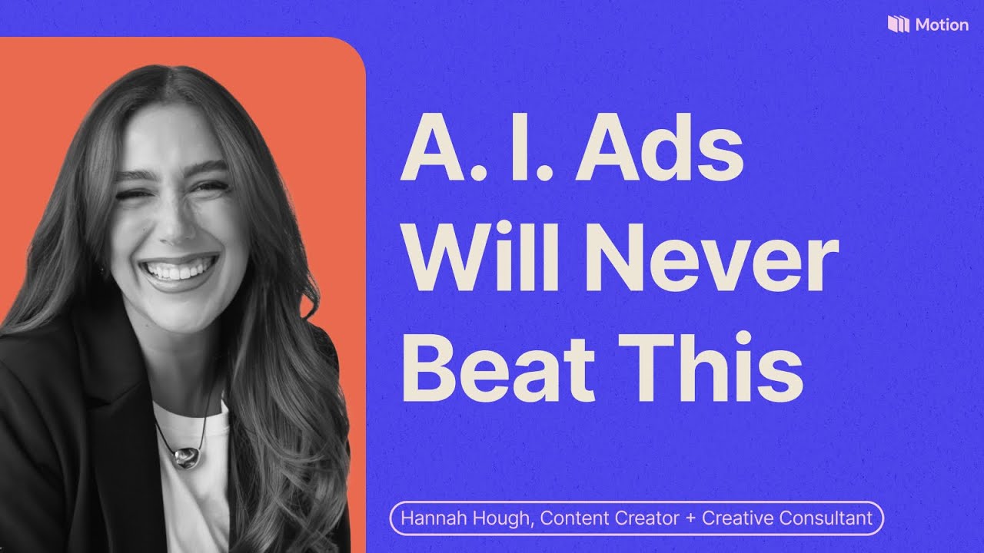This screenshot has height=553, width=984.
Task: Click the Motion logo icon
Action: (899, 24)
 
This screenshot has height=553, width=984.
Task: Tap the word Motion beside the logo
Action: (942, 25)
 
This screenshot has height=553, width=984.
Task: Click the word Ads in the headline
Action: (660, 148)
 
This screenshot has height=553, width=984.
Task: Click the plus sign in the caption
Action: (691, 518)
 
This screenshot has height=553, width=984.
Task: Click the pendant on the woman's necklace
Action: (186, 456)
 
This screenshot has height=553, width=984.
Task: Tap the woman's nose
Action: (174, 224)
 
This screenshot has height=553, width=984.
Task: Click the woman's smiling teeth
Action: (179, 270)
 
